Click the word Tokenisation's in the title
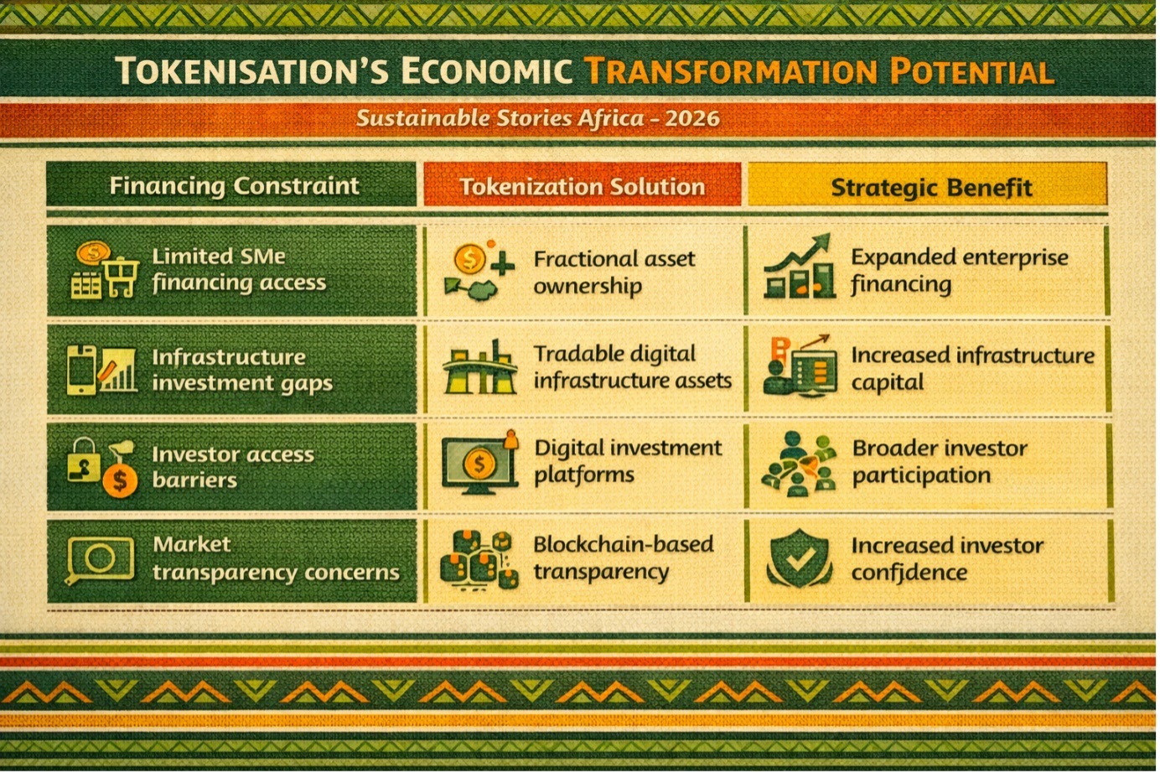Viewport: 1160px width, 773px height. coord(251,71)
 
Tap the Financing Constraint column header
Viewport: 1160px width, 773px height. coord(234,186)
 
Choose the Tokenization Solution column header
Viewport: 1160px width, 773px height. coord(582,187)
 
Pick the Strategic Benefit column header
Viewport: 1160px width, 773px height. coord(932,188)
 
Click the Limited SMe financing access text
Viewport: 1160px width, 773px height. coord(239,270)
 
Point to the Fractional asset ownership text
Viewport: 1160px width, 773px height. coord(614,272)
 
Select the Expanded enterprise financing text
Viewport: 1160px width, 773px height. coord(960,271)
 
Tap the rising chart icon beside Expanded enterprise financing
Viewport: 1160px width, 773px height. coord(799,267)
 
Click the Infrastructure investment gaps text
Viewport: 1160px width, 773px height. coord(242,371)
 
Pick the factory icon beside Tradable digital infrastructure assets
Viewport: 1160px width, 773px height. coord(480,367)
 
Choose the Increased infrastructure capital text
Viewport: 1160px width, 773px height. coord(972,369)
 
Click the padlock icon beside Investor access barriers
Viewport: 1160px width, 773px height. coord(84,459)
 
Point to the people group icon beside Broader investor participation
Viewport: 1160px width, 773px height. coord(799,464)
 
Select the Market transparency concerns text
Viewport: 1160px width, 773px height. coord(276,558)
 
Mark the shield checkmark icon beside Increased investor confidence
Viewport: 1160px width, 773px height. coord(799,558)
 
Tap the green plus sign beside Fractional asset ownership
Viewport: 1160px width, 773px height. coord(503,265)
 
